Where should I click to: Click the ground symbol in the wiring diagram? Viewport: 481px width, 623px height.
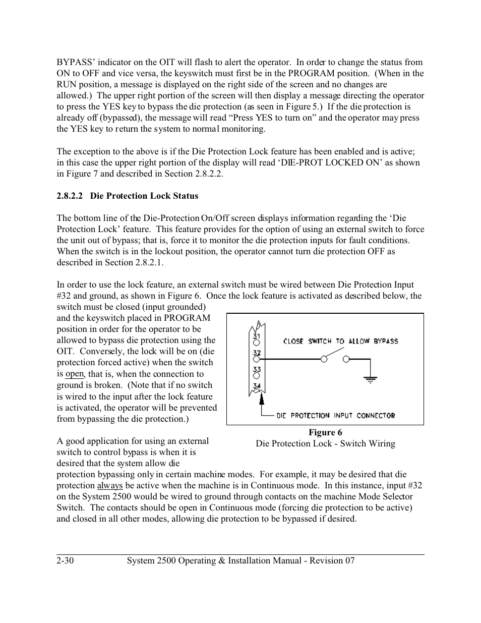pyautogui.click(x=371, y=379)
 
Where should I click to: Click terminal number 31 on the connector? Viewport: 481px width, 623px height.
pyautogui.click(x=257, y=336)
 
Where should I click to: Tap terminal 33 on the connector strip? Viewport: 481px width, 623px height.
pyautogui.click(x=257, y=369)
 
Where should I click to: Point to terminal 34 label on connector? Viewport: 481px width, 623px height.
pyautogui.click(x=257, y=386)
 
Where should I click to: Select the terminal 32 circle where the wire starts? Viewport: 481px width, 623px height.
pyautogui.click(x=257, y=359)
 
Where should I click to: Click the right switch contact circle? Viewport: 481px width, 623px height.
pyautogui.click(x=346, y=359)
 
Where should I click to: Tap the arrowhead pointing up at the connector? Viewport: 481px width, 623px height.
pyautogui.click(x=262, y=400)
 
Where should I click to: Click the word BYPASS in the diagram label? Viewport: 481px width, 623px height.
pyautogui.click(x=386, y=342)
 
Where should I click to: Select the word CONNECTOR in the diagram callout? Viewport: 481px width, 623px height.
pyautogui.click(x=376, y=416)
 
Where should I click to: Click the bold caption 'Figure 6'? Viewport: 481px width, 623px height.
pyautogui.click(x=325, y=432)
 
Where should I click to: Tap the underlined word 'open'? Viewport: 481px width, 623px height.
pyautogui.click(x=74, y=374)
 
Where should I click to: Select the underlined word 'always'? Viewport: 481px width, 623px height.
pyautogui.click(x=110, y=486)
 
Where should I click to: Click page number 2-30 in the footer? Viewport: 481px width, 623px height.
pyautogui.click(x=66, y=560)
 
